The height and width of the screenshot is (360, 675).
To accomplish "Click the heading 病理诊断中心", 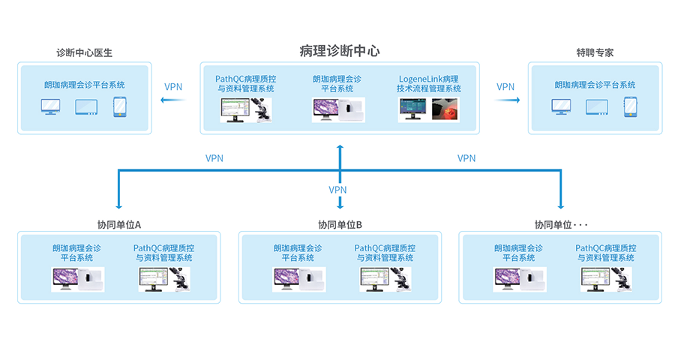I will point(339,51).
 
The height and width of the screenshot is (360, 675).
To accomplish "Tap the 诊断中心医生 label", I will point(84,53).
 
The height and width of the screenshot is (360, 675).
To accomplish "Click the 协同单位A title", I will point(119,224).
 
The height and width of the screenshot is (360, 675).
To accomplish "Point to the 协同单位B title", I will point(340,224).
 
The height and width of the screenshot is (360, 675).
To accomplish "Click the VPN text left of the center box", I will point(173,86).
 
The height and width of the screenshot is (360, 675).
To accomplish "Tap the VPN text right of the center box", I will point(505,86).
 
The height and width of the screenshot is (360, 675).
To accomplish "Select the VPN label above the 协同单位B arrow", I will point(338,190).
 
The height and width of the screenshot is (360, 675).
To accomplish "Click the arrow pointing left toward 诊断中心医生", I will point(172,98).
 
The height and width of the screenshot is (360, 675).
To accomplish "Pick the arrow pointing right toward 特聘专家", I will point(507,98).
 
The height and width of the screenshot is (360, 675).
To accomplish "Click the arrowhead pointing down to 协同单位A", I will point(118,206).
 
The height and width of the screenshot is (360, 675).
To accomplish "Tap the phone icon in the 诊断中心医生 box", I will point(118,108).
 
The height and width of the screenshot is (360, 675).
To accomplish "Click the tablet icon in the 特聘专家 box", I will point(595,107).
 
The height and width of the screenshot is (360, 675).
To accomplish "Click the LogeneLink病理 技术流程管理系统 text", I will point(429,83).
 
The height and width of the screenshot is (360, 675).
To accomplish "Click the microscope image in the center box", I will point(261,109).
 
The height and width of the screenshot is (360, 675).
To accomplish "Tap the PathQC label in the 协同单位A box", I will point(163,253).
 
